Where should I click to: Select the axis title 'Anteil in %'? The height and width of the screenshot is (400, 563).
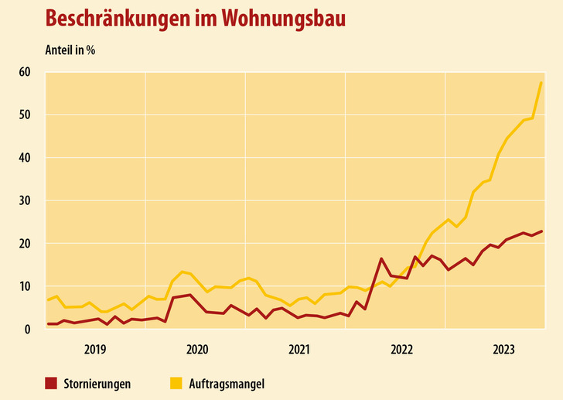pyautogui.click(x=70, y=50)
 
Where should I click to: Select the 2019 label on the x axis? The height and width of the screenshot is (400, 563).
pyautogui.click(x=95, y=349)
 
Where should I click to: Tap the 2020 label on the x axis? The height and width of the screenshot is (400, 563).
pyautogui.click(x=197, y=349)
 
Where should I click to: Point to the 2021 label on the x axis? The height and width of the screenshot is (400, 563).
pyautogui.click(x=299, y=349)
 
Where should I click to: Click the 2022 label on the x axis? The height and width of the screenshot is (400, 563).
pyautogui.click(x=401, y=349)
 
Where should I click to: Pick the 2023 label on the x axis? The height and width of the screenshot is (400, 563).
pyautogui.click(x=503, y=349)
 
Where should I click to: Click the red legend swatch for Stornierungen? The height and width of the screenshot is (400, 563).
pyautogui.click(x=51, y=382)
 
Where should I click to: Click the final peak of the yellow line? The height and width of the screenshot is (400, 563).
pyautogui.click(x=541, y=82)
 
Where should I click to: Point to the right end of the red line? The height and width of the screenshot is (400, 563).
pyautogui.click(x=541, y=231)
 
